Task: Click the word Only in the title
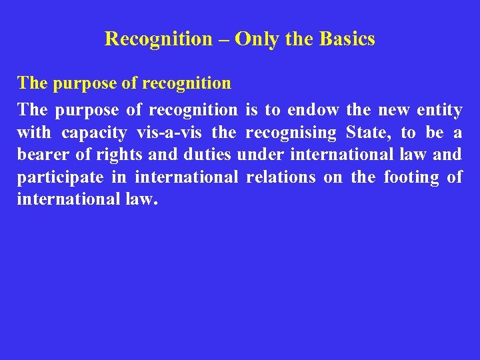[257, 39]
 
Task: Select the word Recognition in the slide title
[158, 39]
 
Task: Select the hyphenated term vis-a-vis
[170, 133]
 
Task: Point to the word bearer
[38, 155]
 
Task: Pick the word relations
[281, 178]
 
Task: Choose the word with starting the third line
[34, 133]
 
